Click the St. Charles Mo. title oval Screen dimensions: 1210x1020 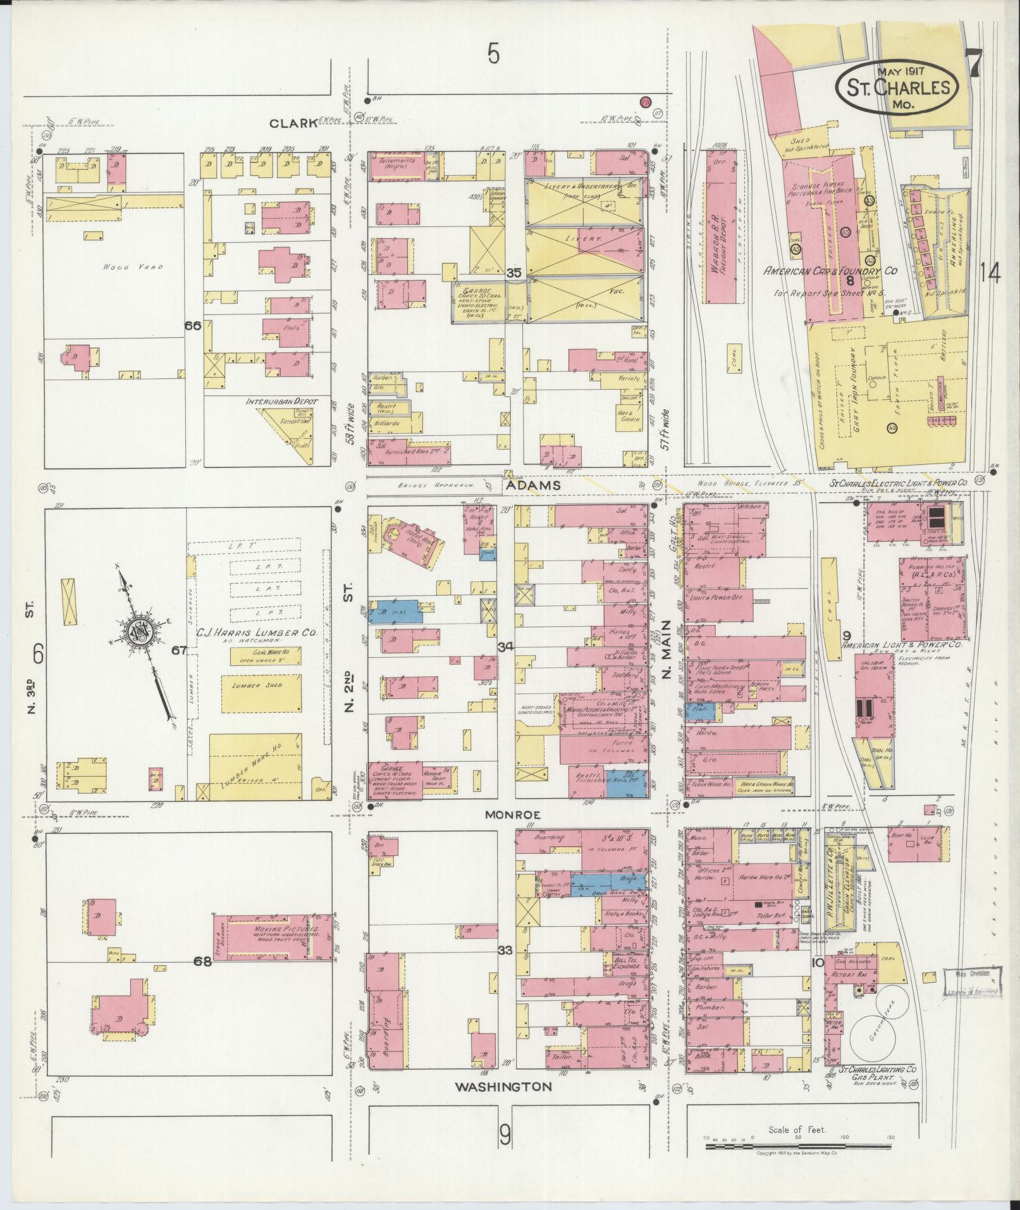896,87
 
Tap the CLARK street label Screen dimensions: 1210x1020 293,123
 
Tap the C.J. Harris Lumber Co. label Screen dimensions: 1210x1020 252,632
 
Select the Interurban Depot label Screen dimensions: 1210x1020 282,401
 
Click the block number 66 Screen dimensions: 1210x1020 192,325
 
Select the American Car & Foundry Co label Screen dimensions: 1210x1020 830,270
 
